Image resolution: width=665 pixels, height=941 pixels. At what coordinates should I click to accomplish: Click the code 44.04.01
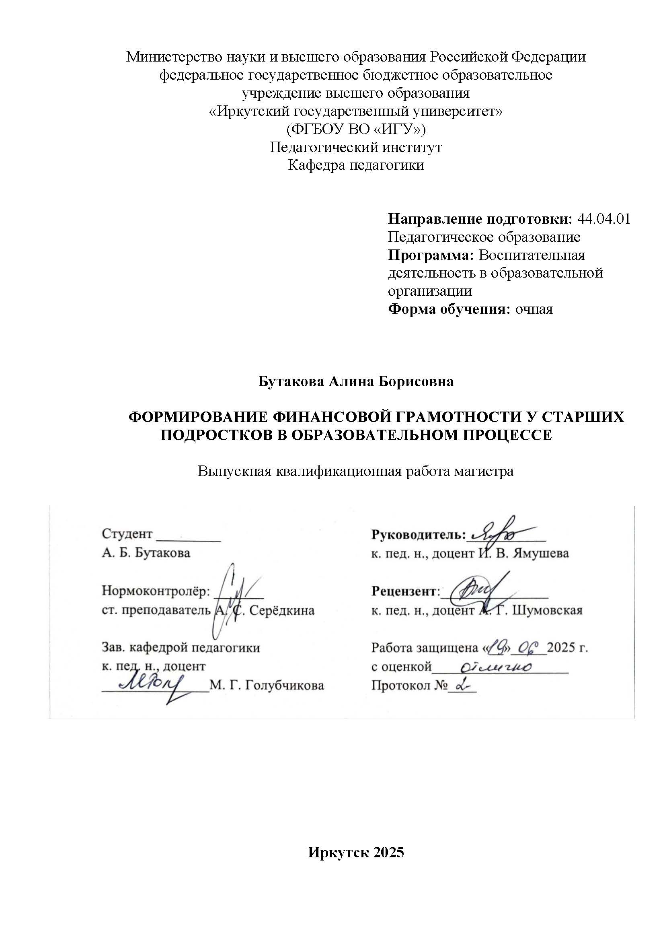[x=603, y=219]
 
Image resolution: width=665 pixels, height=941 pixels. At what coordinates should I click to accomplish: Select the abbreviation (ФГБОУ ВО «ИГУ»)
[x=356, y=130]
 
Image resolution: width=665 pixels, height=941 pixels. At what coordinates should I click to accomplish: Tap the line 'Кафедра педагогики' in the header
[x=356, y=165]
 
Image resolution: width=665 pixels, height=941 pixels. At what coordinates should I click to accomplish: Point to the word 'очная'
[x=534, y=309]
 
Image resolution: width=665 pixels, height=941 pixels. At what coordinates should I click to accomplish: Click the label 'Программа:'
[x=430, y=255]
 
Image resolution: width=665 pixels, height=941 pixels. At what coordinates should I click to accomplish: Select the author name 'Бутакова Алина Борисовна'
[x=356, y=381]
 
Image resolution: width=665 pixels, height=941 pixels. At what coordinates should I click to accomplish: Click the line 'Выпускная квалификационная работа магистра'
[x=355, y=472]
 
